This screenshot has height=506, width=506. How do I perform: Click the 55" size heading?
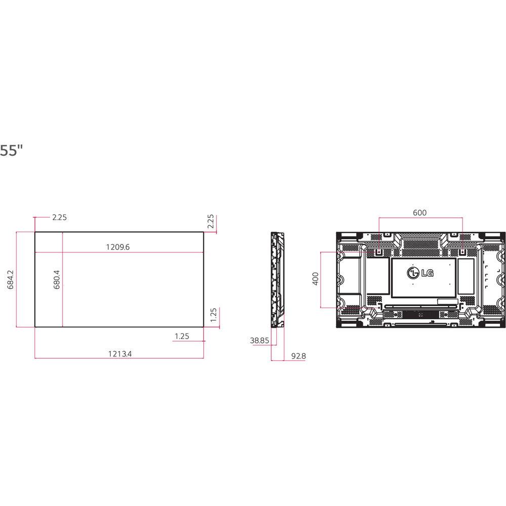click(x=11, y=151)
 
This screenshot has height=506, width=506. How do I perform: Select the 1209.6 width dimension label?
click(x=118, y=247)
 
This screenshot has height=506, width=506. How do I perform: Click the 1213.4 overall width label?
click(x=119, y=354)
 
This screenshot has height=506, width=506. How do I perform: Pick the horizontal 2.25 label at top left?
click(x=59, y=218)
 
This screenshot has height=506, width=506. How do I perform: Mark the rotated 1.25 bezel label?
click(x=213, y=315)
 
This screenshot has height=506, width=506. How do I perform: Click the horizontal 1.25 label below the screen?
click(x=182, y=336)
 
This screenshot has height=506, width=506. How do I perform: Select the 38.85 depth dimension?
click(x=259, y=341)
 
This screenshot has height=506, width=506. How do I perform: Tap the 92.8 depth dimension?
click(x=298, y=356)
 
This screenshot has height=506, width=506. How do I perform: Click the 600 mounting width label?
click(x=419, y=213)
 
